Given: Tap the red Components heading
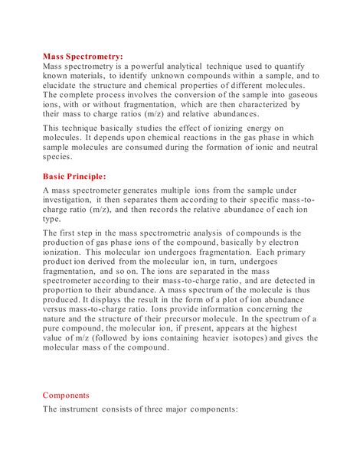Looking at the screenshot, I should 66,396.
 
